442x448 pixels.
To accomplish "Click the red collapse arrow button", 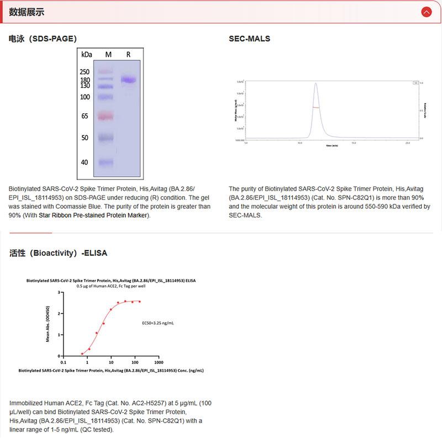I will tap(425, 12).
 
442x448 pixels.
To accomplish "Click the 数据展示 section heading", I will tap(27, 12).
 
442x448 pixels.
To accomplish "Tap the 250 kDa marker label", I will tap(84, 72).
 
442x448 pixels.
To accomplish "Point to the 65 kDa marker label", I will tap(85, 116).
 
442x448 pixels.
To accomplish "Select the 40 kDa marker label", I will tap(85, 162).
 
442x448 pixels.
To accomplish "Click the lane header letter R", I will tap(128, 54).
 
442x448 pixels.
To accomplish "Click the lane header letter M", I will tap(108, 54).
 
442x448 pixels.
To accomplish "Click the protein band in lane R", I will tap(129, 80).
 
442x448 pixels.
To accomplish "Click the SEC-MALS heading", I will tap(249, 39).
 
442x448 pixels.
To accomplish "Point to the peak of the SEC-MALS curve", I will tap(315, 84).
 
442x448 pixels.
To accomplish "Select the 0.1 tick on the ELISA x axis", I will tap(63, 362).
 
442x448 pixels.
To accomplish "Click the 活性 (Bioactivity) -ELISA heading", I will tap(58, 253).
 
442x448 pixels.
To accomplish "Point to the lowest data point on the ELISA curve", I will tap(82, 354).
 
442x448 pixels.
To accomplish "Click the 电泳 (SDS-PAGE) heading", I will tap(43, 39).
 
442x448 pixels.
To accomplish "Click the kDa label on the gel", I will tap(87, 54).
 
